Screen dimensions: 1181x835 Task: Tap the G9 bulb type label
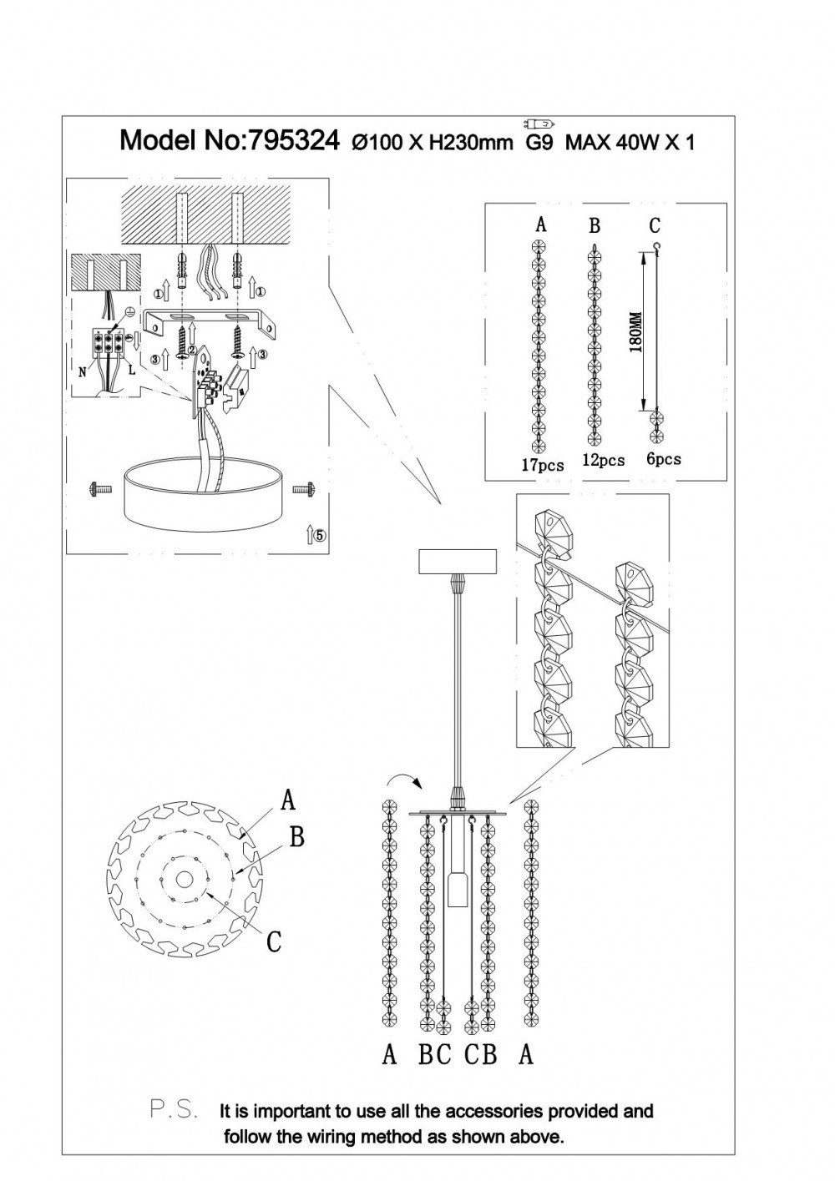pyautogui.click(x=539, y=142)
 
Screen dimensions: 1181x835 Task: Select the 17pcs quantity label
pyautogui.click(x=542, y=465)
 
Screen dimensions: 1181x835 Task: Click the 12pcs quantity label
pyautogui.click(x=603, y=460)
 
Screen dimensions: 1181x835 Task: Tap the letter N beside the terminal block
pyautogui.click(x=83, y=372)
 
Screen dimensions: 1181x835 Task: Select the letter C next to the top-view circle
pyautogui.click(x=273, y=941)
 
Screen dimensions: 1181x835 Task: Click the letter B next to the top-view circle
pyautogui.click(x=296, y=836)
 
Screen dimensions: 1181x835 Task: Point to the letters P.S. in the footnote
pyautogui.click(x=174, y=1111)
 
